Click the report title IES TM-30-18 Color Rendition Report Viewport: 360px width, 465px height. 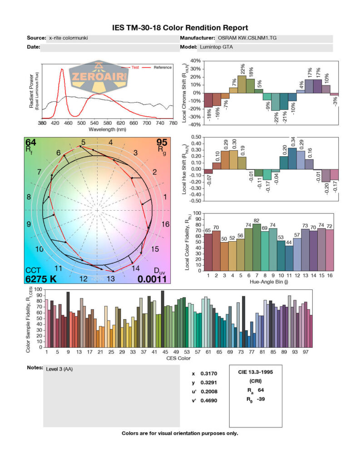tap(180, 28)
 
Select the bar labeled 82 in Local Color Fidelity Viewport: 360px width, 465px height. tap(256, 247)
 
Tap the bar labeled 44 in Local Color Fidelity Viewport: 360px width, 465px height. tap(289, 258)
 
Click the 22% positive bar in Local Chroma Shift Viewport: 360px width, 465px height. tap(242, 84)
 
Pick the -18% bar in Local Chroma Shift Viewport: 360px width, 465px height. tap(208, 100)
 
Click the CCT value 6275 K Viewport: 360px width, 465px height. tap(41, 279)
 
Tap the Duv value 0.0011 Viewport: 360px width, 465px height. tap(153, 279)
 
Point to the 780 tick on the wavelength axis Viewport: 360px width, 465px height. tap(173, 123)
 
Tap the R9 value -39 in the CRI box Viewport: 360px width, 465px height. tap(259, 400)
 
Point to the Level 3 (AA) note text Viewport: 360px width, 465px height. tap(59, 369)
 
